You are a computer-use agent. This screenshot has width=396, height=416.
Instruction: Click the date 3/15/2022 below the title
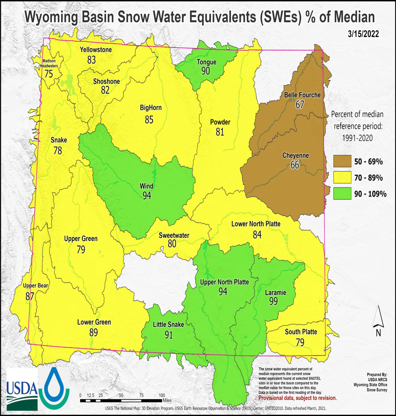(363, 34)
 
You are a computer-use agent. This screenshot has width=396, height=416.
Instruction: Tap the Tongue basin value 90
(206, 71)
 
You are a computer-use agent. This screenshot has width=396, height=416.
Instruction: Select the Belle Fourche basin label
(302, 95)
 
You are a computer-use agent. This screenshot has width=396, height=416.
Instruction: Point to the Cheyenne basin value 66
(295, 165)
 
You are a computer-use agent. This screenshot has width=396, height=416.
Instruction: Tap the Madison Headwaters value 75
(49, 74)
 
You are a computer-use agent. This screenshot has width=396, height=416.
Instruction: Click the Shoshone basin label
(106, 81)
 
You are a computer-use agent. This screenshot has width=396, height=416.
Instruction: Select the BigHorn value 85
(149, 120)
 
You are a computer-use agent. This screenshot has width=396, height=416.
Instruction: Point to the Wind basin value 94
(147, 196)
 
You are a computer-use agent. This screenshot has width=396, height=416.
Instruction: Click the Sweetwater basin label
(174, 235)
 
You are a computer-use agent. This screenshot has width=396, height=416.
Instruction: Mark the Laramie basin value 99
(274, 301)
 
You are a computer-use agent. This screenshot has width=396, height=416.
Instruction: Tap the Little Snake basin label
(168, 325)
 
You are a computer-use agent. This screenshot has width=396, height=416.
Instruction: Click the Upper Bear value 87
(30, 296)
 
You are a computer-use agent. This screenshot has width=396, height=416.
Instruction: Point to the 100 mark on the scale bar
(162, 395)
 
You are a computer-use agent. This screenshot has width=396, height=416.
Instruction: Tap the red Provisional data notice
(298, 398)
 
